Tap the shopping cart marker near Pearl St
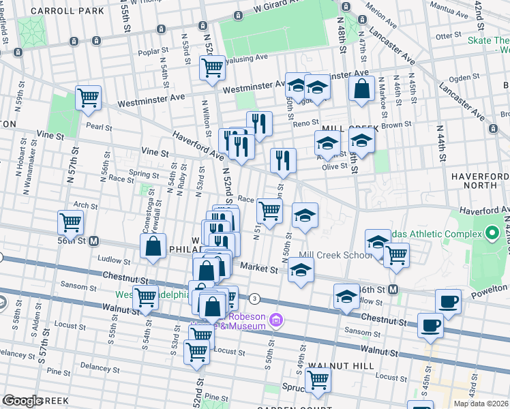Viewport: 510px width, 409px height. (89, 98)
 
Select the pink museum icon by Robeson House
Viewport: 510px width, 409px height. (275, 319)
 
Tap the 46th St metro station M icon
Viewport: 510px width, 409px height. (393, 290)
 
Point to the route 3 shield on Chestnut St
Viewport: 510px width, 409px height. (254, 299)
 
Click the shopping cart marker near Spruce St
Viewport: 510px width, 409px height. (318, 380)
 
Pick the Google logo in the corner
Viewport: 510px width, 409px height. (22, 401)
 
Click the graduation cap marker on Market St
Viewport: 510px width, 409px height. (301, 270)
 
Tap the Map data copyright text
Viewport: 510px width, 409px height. (481, 404)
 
